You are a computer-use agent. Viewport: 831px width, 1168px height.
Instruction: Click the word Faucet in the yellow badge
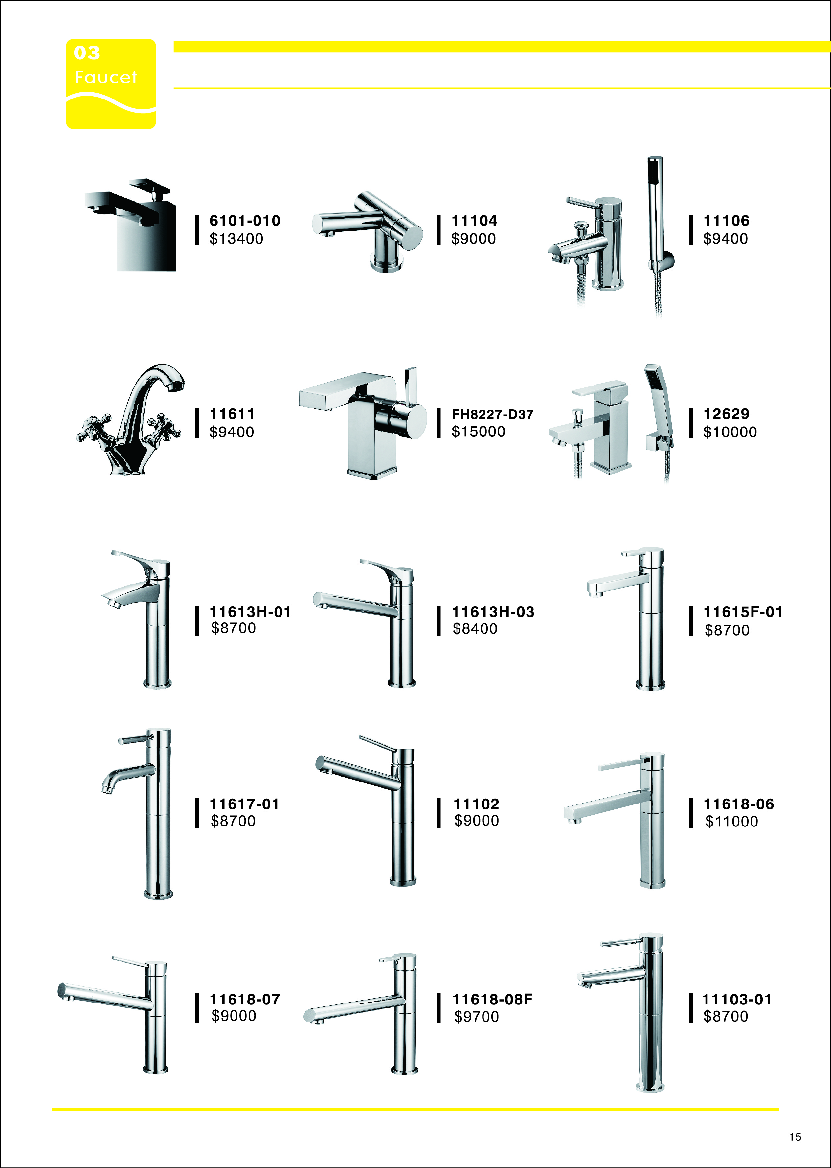coord(106,77)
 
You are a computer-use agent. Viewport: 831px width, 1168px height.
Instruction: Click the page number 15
coord(795,1137)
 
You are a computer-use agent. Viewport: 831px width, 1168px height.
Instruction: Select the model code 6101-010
coord(245,221)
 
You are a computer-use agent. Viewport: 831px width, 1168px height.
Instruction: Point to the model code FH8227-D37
coord(492,414)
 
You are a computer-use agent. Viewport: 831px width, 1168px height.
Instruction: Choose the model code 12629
coord(726,414)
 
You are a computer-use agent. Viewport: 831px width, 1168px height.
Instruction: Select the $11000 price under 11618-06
coord(731,821)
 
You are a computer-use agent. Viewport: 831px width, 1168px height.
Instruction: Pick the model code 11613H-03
coord(493,612)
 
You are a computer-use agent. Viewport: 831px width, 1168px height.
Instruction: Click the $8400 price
coord(475,629)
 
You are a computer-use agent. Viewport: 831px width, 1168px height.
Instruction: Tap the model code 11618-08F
coord(492,999)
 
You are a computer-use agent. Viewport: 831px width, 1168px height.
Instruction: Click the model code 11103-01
coord(736,999)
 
